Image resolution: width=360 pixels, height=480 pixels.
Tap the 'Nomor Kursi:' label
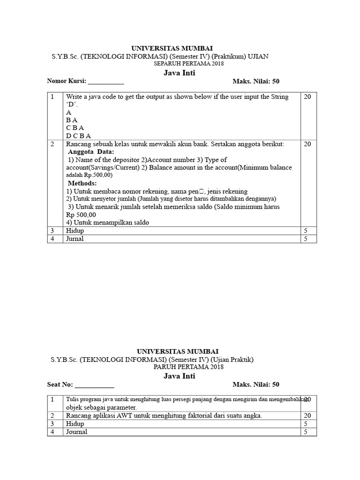pyautogui.click(x=67, y=81)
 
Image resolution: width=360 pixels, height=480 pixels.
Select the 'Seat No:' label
pyautogui.click(x=60, y=384)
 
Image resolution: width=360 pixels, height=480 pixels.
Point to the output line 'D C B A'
pyautogui.click(x=78, y=136)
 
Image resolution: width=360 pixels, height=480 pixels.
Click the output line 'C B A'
pyautogui.click(x=75, y=128)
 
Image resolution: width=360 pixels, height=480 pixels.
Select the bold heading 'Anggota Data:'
pyautogui.click(x=91, y=152)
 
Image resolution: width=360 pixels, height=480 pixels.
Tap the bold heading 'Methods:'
pyautogui.click(x=82, y=183)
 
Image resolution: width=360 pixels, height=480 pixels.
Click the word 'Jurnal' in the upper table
pyautogui.click(x=75, y=239)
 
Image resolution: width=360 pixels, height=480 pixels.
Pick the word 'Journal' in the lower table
pyautogui.click(x=77, y=432)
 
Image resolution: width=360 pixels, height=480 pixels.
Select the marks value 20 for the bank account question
pyautogui.click(x=307, y=144)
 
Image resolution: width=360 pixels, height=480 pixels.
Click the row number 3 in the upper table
pyautogui.click(x=53, y=231)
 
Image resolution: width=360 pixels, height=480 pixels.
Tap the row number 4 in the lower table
pyautogui.click(x=53, y=432)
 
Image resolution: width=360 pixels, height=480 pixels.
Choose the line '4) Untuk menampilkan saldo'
pyautogui.click(x=107, y=222)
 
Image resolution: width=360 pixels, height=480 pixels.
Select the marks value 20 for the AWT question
pyautogui.click(x=307, y=416)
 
